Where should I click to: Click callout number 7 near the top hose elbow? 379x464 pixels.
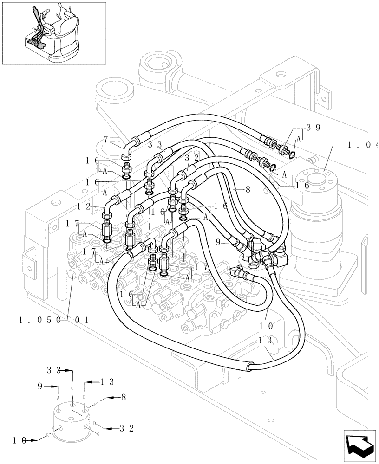point(106,139)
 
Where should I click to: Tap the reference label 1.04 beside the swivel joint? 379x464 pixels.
point(362,145)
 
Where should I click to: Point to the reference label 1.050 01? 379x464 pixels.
point(53,320)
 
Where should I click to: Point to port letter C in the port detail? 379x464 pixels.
point(72,388)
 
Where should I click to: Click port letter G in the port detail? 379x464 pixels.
point(98,433)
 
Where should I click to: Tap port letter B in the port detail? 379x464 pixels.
point(85,397)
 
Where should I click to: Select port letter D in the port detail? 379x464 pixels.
point(94,423)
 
